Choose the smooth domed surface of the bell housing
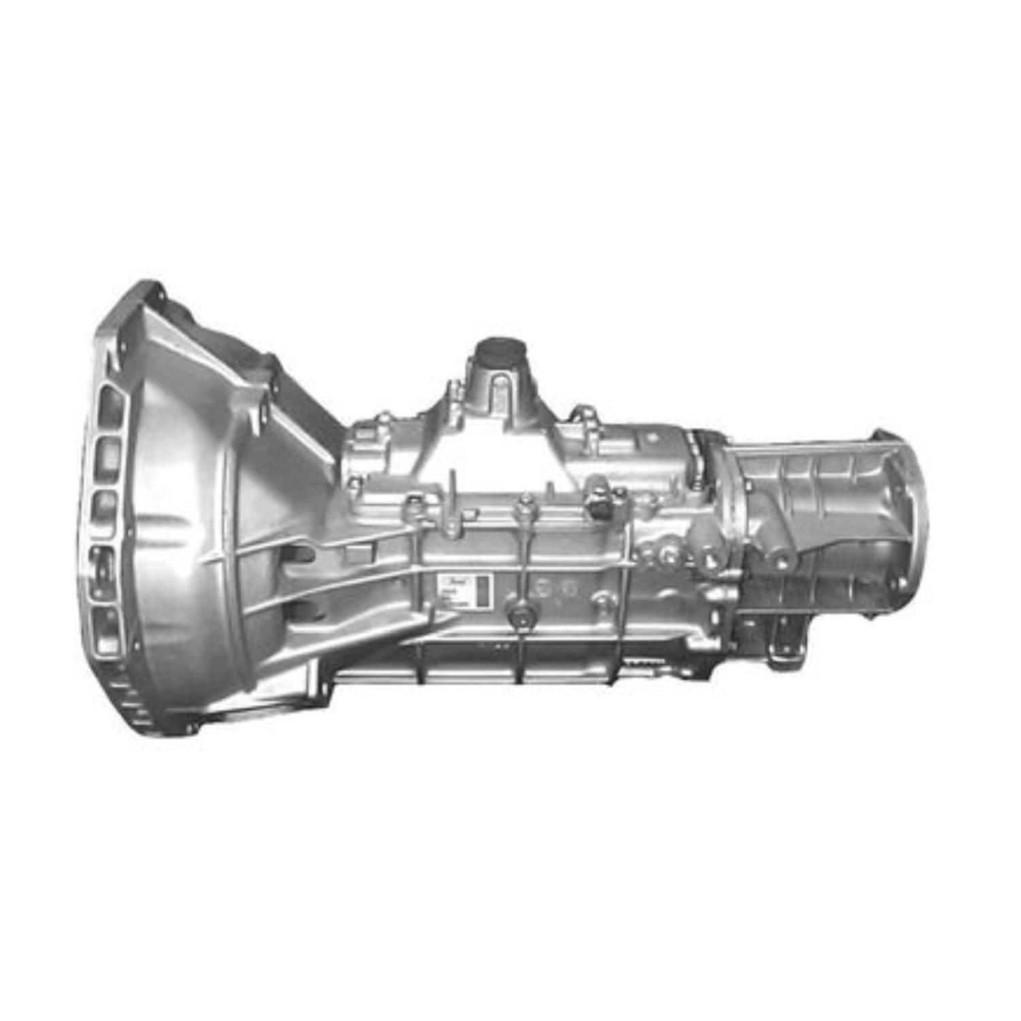click(x=177, y=517)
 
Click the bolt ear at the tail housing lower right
click(x=888, y=610)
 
